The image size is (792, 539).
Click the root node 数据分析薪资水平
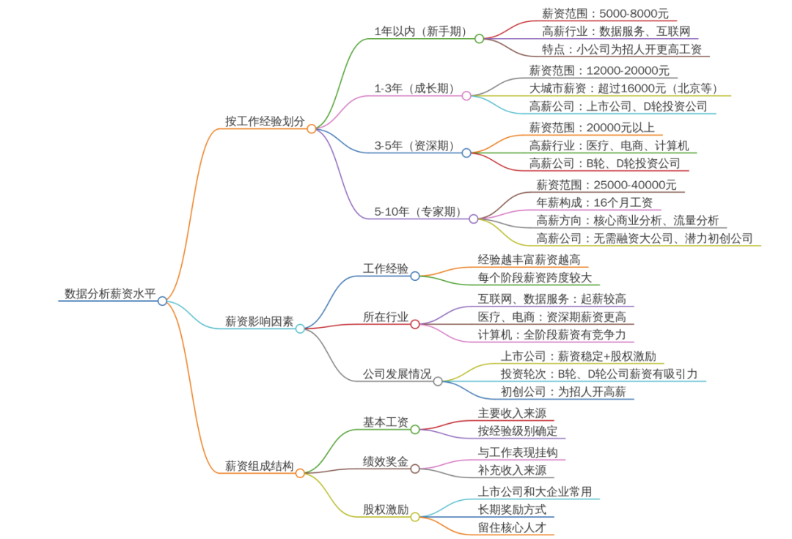(x=110, y=294)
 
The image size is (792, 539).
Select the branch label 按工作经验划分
(x=264, y=121)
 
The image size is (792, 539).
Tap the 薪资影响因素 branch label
(x=259, y=321)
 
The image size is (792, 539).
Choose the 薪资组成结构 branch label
(x=259, y=466)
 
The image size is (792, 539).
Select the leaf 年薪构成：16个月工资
(x=595, y=202)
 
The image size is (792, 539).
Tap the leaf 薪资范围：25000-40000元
(x=606, y=185)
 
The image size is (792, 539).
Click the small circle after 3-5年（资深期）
(x=466, y=153)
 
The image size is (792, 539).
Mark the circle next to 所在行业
(x=415, y=323)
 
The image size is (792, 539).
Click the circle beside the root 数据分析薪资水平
(x=162, y=301)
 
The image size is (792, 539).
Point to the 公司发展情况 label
(x=397, y=374)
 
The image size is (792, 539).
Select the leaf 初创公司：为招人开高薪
(x=563, y=392)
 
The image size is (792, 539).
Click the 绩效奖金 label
(x=386, y=461)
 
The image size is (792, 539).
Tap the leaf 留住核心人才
(x=512, y=527)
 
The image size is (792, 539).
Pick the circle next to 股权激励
(x=415, y=517)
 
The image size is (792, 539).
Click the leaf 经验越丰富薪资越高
(x=529, y=260)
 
